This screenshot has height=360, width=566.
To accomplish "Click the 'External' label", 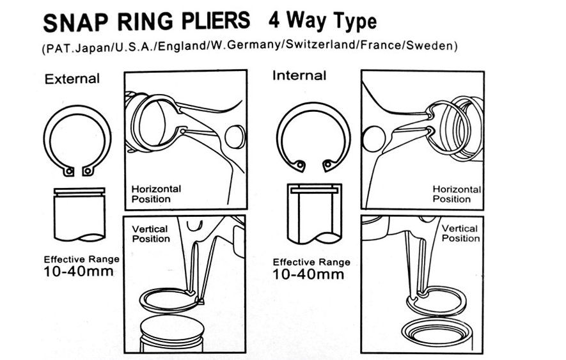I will click(x=72, y=79).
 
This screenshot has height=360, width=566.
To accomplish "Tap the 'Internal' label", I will click(x=299, y=75).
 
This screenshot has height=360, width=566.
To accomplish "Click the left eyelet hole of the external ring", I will click(x=68, y=171).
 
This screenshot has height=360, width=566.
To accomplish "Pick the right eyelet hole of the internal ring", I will click(x=328, y=166).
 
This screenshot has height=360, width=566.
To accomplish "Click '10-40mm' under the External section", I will click(x=79, y=271).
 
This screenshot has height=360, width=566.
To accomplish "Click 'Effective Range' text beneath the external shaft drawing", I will click(x=81, y=260).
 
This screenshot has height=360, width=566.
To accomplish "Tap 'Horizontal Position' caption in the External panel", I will click(x=156, y=194).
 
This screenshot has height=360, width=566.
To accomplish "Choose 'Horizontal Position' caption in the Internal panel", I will click(x=457, y=194).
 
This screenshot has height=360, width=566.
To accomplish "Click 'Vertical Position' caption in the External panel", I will click(x=151, y=233).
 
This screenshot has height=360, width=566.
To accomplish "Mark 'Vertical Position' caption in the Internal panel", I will click(x=460, y=233).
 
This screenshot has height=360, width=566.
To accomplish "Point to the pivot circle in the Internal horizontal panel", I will click(x=372, y=137).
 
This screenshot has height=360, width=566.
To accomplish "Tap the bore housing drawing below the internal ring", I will click(x=315, y=214).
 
